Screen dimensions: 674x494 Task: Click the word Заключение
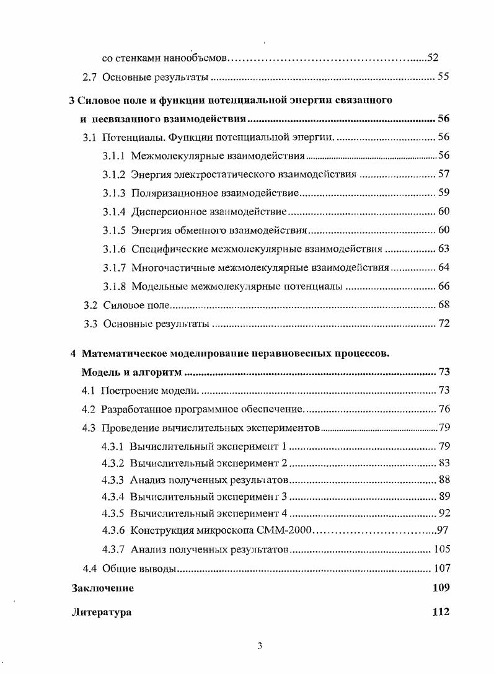[103, 588]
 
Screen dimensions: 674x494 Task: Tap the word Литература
[102, 612]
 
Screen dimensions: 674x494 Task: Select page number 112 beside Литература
[441, 612]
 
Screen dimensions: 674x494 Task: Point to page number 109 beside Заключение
[441, 588]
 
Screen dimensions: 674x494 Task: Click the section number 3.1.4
[115, 211]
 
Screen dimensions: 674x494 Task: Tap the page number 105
[442, 549]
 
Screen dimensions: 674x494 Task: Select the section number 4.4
[90, 569]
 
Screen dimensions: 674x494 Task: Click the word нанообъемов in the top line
[196, 58]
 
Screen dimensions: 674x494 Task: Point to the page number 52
[433, 58]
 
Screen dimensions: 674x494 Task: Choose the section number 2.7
[90, 78]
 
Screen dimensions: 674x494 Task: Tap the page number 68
[444, 305]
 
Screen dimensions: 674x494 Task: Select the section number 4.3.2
[113, 464]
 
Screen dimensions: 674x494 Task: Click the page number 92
[444, 512]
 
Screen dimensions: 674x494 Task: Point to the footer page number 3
[260, 646]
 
